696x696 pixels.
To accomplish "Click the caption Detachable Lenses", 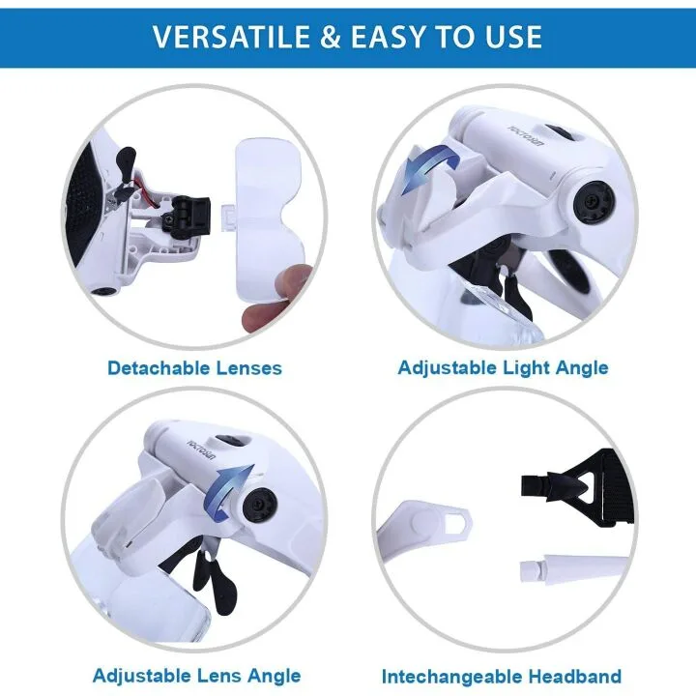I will click(x=194, y=367).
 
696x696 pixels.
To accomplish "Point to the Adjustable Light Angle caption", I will click(x=503, y=367).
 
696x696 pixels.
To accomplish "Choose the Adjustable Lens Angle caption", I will click(x=196, y=676).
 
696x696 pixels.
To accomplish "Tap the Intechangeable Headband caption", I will click(x=501, y=677).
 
